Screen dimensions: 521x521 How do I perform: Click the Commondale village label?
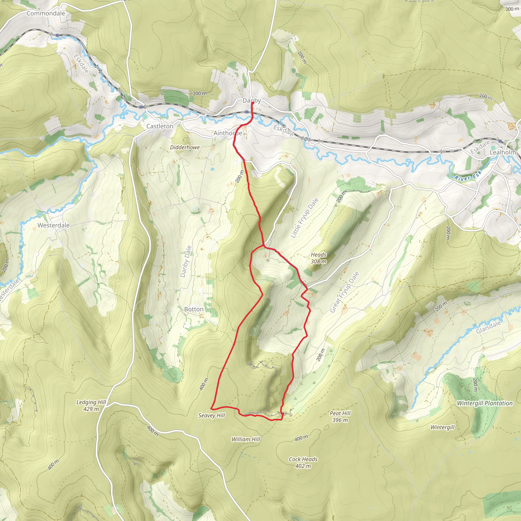coord(46,13)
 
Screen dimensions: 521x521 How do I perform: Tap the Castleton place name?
coord(160,126)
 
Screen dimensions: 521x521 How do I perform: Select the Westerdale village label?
coord(53,225)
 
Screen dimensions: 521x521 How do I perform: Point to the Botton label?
coord(194,309)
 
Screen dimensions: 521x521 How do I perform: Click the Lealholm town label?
coord(503,152)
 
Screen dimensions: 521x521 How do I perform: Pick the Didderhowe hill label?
coord(185,147)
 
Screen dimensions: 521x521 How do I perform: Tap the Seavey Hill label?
coord(211,415)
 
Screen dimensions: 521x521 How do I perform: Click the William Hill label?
coord(246,439)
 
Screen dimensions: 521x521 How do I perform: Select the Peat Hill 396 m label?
coord(340,416)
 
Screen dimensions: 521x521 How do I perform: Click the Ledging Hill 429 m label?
coord(91,405)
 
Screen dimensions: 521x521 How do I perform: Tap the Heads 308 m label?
coord(319,258)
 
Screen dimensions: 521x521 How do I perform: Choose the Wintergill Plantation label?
coord(485,403)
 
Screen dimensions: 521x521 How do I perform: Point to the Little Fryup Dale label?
coord(305,218)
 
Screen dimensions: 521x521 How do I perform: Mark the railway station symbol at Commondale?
coord(57,35)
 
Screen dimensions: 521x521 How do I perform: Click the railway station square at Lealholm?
coord(500,141)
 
